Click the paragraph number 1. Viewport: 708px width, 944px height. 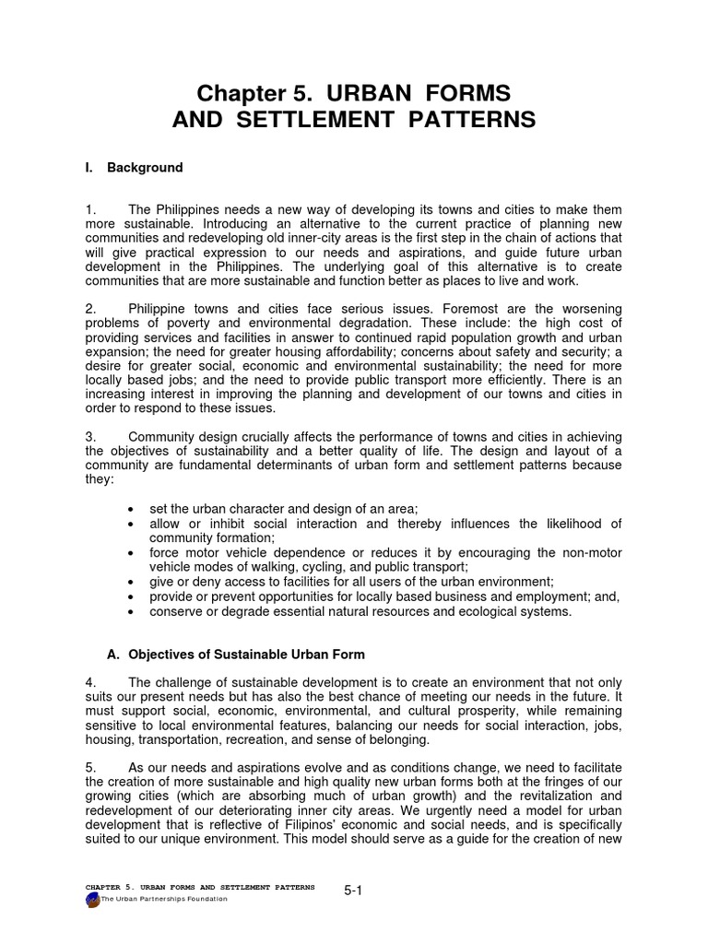tap(88, 211)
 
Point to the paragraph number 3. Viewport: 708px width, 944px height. tap(88, 436)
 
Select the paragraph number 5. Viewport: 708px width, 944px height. tap(88, 768)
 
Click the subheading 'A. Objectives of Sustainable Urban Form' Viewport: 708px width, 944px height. tap(236, 655)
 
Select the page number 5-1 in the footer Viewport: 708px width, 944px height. tap(352, 891)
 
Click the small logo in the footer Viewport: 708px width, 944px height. tap(91, 898)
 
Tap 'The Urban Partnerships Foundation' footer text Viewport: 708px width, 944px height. tap(163, 899)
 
